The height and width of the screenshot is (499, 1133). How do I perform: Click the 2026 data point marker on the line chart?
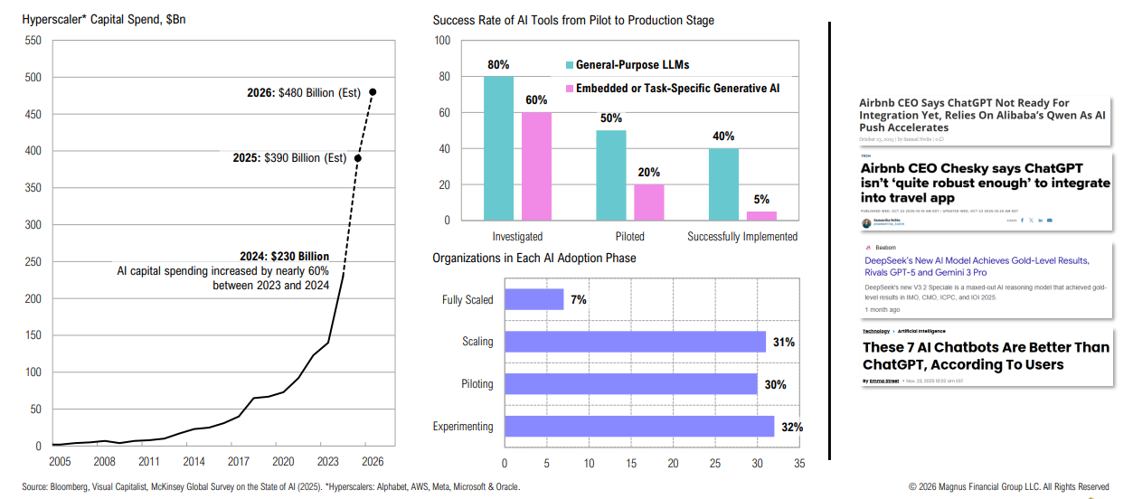[373, 92]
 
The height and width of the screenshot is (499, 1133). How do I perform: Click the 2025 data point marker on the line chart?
[358, 158]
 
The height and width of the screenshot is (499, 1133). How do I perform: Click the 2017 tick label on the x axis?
[240, 461]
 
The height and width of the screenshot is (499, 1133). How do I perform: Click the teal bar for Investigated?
[498, 148]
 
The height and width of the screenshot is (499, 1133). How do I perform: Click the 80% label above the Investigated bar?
[498, 65]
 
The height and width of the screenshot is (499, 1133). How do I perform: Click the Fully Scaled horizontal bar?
[533, 299]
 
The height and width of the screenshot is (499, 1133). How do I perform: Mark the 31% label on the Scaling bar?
[783, 342]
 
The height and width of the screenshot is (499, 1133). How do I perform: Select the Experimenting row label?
[463, 427]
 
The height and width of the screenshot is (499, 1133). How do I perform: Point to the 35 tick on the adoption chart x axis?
[798, 463]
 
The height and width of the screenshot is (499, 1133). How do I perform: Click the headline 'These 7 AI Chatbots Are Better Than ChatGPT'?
[985, 356]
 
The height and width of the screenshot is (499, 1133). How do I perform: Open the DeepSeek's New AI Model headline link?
[977, 266]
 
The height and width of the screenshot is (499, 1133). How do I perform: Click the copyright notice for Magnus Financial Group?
[1008, 486]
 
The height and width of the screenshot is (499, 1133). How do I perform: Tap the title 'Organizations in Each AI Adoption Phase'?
[533, 259]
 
